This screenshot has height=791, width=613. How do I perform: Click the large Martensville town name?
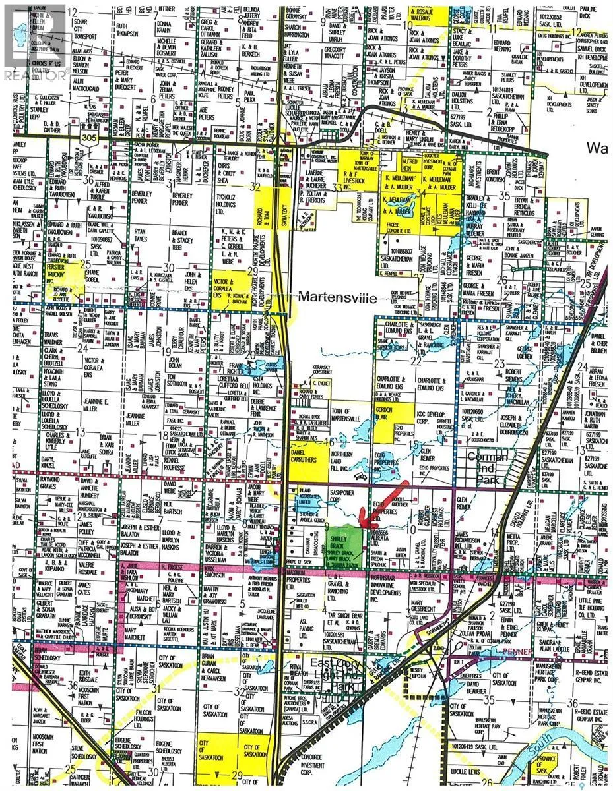(337, 298)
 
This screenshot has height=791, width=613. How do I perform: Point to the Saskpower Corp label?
(346, 492)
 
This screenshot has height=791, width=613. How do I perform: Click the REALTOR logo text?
(34, 74)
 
